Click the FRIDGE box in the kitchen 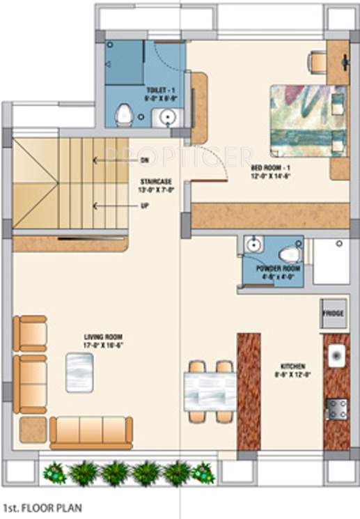point(332,313)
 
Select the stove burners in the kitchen point(337,408)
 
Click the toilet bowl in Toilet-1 point(125,114)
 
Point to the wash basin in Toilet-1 point(168,118)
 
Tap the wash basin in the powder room point(253,245)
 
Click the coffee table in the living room point(79,371)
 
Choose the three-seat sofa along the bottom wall point(91,431)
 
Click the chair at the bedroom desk point(318,62)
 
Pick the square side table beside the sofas point(33,429)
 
